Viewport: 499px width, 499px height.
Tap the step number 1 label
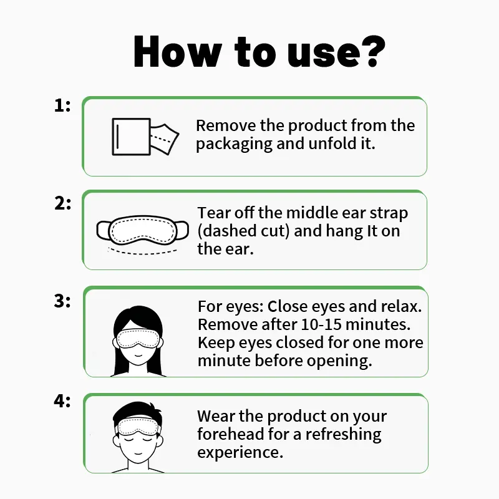pos(62,105)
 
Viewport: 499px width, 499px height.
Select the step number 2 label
pos(63,203)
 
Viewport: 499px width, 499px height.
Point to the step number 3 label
pos(62,301)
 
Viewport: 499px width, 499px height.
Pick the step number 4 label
pos(62,401)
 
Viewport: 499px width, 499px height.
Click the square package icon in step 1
pos(131,137)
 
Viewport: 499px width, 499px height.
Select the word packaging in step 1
pos(235,144)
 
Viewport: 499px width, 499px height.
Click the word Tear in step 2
pos(215,213)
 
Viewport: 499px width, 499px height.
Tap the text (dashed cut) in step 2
pos(244,231)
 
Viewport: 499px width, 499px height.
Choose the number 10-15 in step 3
pos(321,324)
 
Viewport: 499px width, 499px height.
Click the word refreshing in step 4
pos(344,435)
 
